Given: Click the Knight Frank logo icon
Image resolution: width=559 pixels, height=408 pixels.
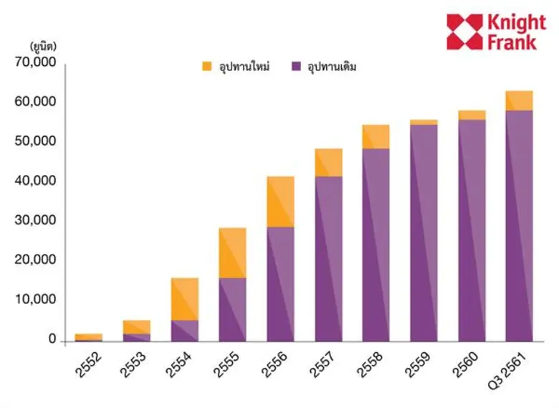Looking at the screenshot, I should pyautogui.click(x=464, y=32).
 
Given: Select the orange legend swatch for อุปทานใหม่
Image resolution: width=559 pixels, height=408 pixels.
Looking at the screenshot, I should pyautogui.click(x=207, y=67).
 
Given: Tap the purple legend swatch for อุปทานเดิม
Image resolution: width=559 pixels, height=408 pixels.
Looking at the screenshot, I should pyautogui.click(x=297, y=67).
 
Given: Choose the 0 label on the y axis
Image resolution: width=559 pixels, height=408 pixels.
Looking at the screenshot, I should pyautogui.click(x=52, y=339).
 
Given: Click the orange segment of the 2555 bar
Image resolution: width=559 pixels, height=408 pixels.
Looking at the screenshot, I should pyautogui.click(x=232, y=252).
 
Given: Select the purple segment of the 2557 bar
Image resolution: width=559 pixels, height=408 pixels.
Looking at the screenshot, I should pyautogui.click(x=328, y=258).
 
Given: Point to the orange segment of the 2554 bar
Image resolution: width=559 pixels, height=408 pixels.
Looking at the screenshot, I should pyautogui.click(x=184, y=298).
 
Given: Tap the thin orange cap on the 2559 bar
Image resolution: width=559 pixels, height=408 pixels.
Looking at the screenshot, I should pyautogui.click(x=424, y=122).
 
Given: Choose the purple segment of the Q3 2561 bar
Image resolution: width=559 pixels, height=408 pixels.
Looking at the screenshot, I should pyautogui.click(x=519, y=225).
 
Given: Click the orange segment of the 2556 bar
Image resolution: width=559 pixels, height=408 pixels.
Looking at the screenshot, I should pyautogui.click(x=280, y=201).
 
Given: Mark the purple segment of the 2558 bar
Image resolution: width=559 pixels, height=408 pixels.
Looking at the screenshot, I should pyautogui.click(x=376, y=245).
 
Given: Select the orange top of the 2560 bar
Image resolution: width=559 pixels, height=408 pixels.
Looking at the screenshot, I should pyautogui.click(x=472, y=115).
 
